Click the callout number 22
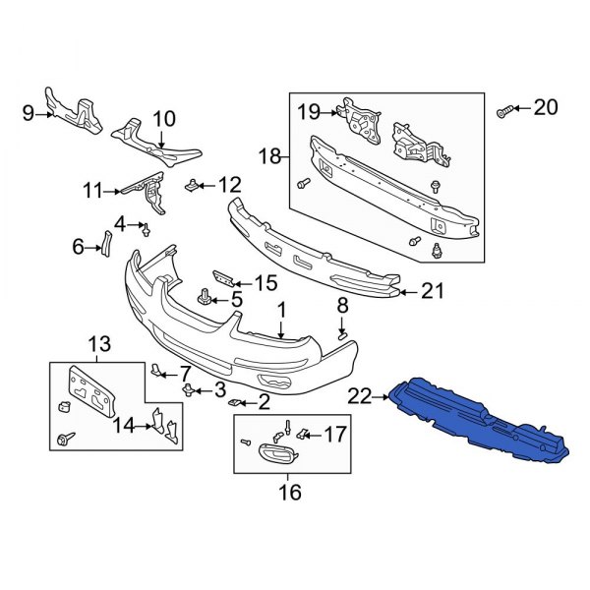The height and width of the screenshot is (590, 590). click(359, 396)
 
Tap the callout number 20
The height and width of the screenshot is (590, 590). click(544, 107)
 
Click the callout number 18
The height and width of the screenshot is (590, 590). click(269, 156)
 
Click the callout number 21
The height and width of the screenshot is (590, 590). click(434, 290)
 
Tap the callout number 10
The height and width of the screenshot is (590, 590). click(163, 118)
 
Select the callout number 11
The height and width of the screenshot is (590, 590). click(93, 190)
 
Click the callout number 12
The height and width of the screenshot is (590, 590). click(228, 183)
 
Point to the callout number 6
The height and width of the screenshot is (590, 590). click(80, 248)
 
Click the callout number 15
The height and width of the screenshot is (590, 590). click(266, 283)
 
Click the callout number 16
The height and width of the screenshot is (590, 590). click(288, 492)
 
